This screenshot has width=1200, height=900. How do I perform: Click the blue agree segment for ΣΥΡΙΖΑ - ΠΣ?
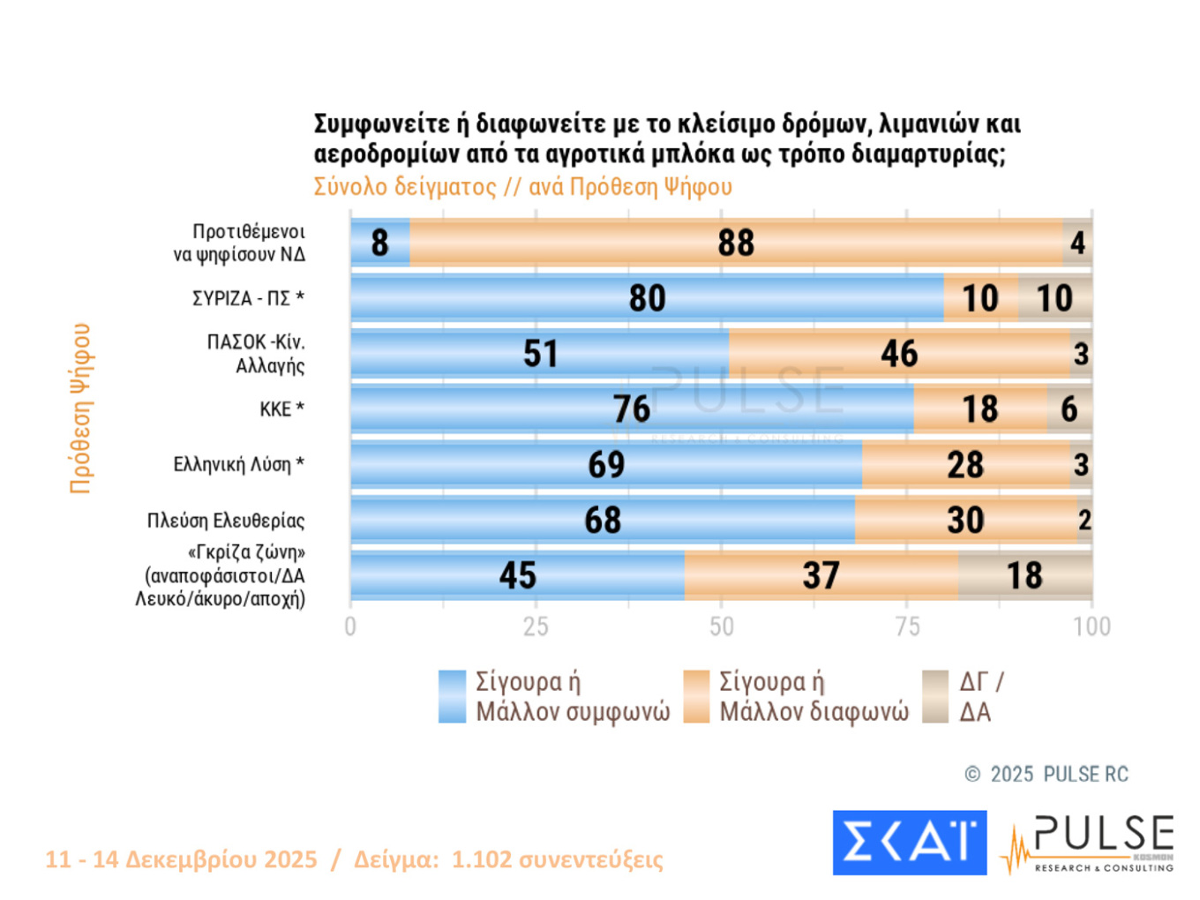(x=647, y=298)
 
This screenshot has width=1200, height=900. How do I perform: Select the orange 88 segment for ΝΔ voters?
(x=736, y=243)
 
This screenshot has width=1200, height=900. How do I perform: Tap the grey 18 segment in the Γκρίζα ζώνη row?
(x=1024, y=575)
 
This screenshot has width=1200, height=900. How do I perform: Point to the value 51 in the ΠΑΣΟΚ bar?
(x=540, y=354)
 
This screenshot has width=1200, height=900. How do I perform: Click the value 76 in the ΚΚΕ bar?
(x=632, y=409)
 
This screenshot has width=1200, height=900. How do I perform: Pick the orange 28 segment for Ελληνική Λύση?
(x=965, y=465)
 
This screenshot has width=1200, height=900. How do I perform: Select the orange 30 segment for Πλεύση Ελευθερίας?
(x=965, y=521)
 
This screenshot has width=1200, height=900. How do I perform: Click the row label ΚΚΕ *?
(x=281, y=409)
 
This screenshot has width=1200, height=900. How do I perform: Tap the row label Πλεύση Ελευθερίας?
(x=226, y=521)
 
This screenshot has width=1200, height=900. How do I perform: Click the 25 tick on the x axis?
(x=536, y=626)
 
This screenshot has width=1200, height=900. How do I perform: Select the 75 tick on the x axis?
(x=907, y=626)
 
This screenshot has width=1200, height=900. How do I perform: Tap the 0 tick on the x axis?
(x=350, y=626)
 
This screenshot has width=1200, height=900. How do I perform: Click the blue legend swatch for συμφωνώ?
(x=452, y=697)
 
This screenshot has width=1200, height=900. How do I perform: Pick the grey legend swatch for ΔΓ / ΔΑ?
(x=935, y=697)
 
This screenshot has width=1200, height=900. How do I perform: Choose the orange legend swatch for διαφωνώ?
(x=696, y=697)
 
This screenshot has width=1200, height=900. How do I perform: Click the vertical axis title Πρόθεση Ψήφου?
(x=80, y=408)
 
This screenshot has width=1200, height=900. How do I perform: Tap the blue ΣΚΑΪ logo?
(x=909, y=843)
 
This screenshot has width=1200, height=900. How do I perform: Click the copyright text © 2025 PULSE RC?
(x=1046, y=775)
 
